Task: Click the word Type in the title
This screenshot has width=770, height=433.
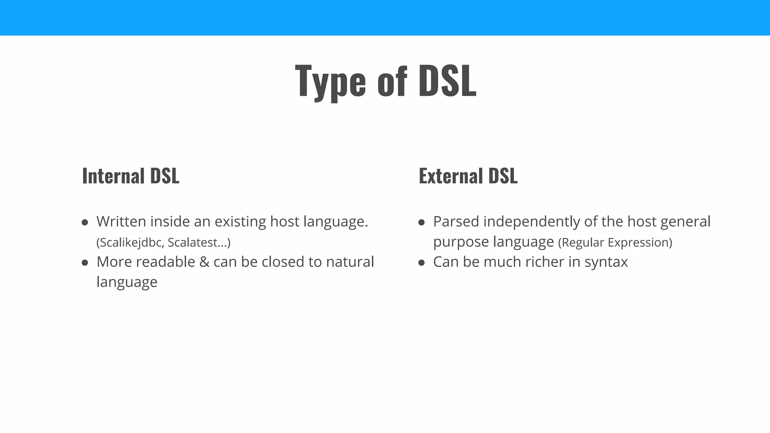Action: click(330, 81)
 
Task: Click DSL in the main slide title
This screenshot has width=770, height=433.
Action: click(447, 81)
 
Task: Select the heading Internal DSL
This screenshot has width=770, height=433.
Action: click(130, 176)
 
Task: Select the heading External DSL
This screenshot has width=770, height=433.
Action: click(468, 176)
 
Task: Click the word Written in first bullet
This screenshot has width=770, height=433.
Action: click(121, 221)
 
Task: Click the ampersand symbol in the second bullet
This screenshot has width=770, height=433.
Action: click(204, 262)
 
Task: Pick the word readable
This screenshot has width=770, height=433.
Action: click(165, 262)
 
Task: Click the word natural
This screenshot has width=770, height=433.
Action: click(350, 262)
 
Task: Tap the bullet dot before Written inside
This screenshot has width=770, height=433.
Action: click(85, 223)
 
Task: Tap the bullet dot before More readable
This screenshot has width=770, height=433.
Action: click(85, 263)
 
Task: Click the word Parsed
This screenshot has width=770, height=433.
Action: click(456, 221)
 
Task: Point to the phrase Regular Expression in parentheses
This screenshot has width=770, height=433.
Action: click(615, 242)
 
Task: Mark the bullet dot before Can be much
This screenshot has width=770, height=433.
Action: click(421, 263)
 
